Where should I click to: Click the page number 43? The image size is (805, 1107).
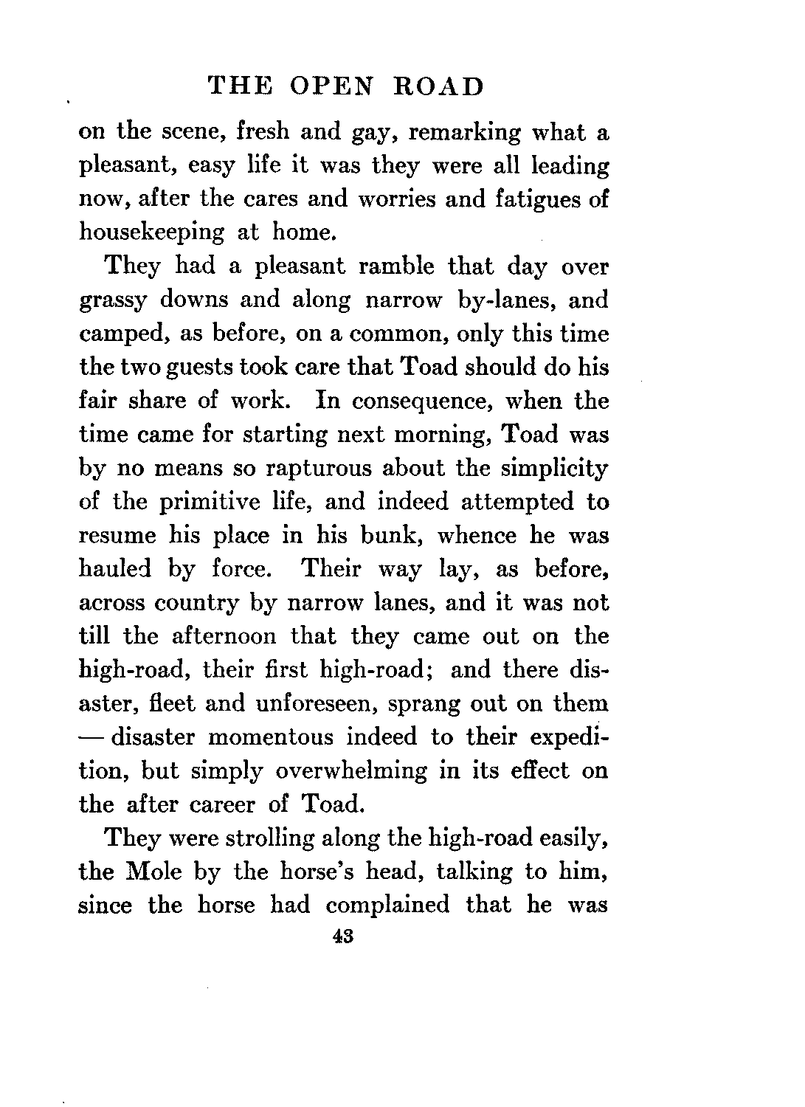click(345, 937)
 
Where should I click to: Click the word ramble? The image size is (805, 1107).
click(394, 266)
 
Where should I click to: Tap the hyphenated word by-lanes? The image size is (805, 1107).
click(516, 300)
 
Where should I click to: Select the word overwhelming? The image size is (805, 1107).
click(351, 770)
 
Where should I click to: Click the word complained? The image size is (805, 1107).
click(387, 905)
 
